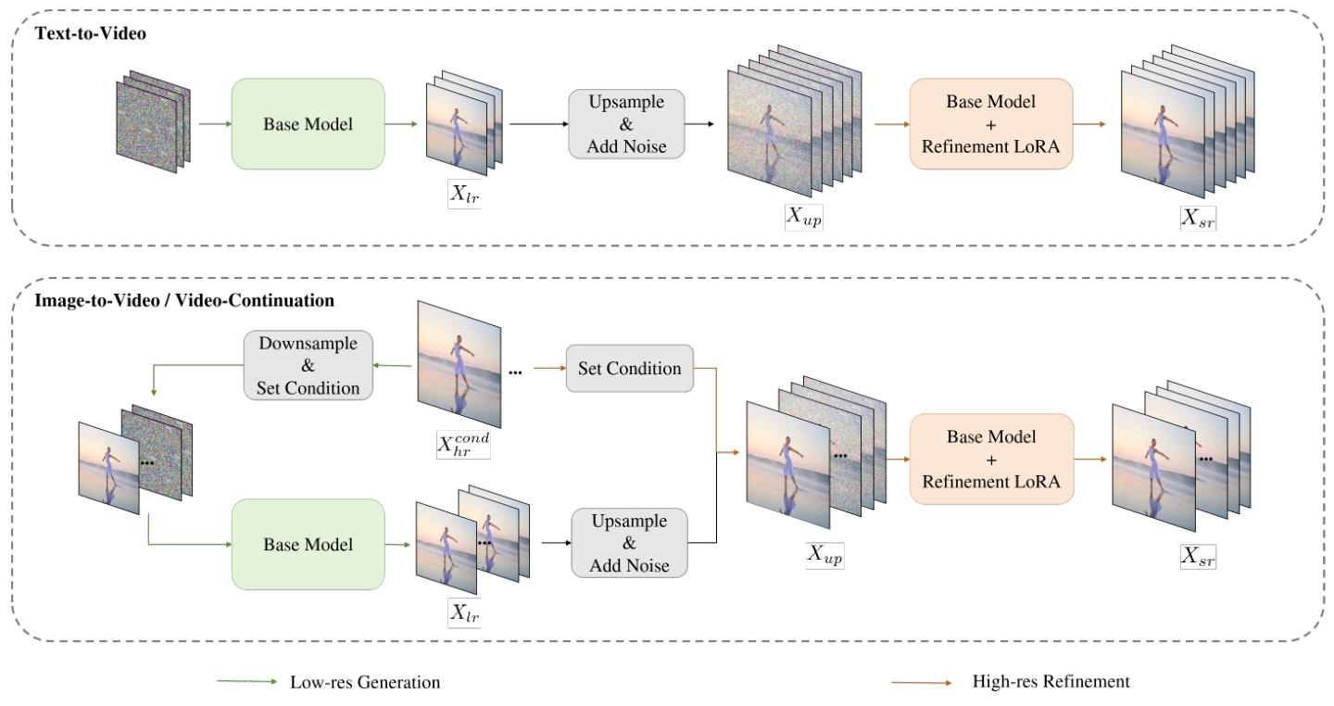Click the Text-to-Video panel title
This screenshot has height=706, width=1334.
coord(79,33)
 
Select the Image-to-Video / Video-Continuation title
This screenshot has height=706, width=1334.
coord(184,301)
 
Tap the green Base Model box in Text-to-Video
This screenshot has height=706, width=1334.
coord(308,124)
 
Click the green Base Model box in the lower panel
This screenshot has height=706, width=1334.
coord(308,545)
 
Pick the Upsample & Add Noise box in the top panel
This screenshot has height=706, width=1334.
coord(626,123)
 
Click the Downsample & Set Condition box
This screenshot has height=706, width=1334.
coord(308,365)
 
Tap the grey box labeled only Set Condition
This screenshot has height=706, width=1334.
coord(629,369)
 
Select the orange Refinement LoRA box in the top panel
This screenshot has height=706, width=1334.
coord(991,123)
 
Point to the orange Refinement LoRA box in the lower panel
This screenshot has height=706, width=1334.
coord(991,459)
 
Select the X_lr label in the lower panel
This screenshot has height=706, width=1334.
coord(465,612)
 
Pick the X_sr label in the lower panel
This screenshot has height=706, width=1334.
coord(1198,556)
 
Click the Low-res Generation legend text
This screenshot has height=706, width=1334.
coord(365,683)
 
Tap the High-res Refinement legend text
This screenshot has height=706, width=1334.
coord(1051,682)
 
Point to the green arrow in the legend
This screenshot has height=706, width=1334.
coord(247,682)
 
